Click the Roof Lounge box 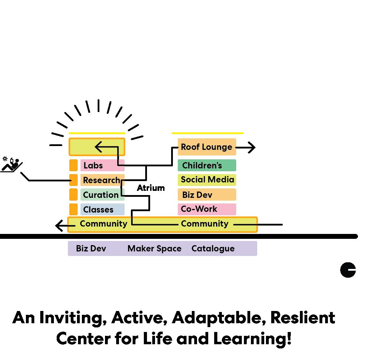point(206,147)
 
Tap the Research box point(101,180)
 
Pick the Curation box point(101,195)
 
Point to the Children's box point(206,165)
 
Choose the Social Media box point(207,180)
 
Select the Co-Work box point(206,209)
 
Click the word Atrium point(150,188)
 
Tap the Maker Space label point(154,249)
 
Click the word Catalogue point(213,249)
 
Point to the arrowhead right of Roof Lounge point(252,148)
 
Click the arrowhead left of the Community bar point(59,226)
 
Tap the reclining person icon point(12,164)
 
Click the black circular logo point(348,270)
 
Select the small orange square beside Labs point(73,165)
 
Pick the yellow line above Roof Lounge point(208,133)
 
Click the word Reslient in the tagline point(303,318)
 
